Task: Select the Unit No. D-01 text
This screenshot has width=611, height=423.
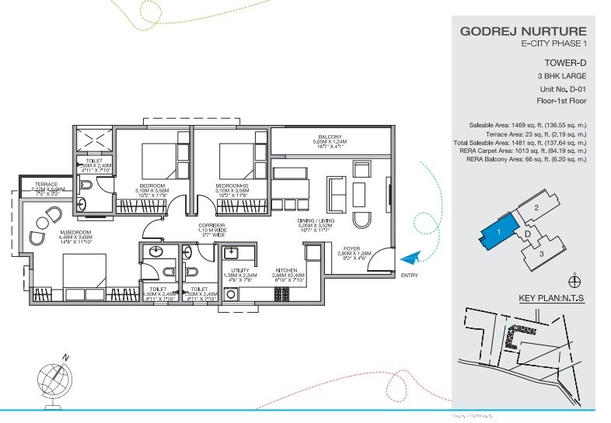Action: [x=560, y=89]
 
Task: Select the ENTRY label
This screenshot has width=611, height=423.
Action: [x=410, y=276]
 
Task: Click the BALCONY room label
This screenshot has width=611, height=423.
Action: [x=330, y=136]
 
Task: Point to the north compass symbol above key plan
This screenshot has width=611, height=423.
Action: [x=574, y=280]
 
